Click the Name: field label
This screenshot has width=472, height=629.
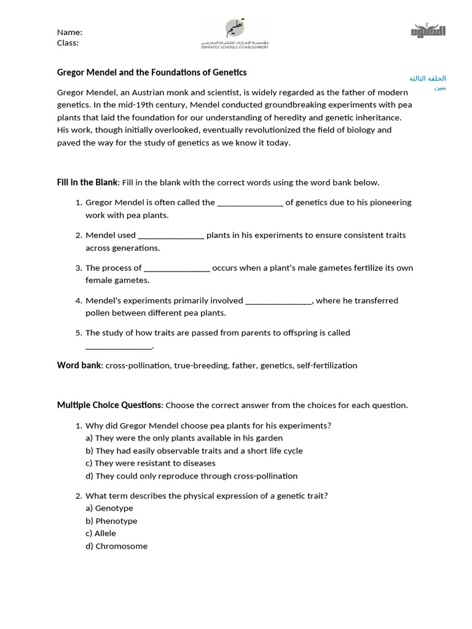[69, 32]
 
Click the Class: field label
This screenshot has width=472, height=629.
[68, 43]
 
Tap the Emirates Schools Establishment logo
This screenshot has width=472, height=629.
[235, 34]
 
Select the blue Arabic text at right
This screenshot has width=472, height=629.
[428, 82]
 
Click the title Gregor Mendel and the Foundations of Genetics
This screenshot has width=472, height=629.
[152, 72]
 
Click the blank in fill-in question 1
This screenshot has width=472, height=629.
[250, 203]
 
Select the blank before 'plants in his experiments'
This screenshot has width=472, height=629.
[171, 235]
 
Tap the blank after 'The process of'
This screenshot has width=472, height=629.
[177, 268]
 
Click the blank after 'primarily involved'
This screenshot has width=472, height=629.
[278, 300]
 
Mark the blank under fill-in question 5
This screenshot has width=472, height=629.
[118, 346]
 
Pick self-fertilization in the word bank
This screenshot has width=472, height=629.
[326, 365]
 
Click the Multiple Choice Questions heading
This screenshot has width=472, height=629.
[109, 405]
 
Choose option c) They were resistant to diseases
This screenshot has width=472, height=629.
[151, 463]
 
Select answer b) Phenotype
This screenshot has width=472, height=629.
[111, 521]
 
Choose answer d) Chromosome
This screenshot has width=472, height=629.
[116, 546]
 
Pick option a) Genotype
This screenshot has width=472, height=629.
[109, 508]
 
